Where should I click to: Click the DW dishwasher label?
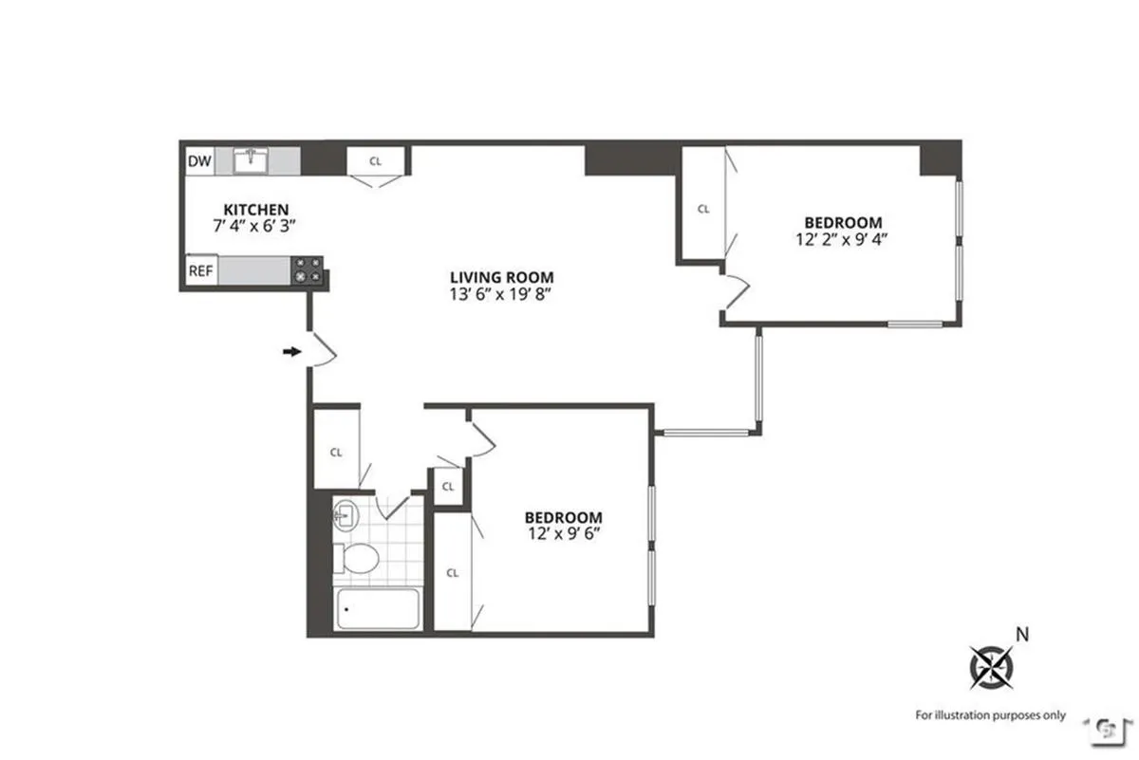click(x=199, y=161)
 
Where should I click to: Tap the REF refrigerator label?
click(x=200, y=270)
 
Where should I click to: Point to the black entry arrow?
click(x=291, y=351)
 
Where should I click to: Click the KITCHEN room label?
click(x=255, y=210)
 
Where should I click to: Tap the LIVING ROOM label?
click(x=501, y=277)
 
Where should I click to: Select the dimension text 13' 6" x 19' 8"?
click(x=501, y=294)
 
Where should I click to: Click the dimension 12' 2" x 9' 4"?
click(x=842, y=240)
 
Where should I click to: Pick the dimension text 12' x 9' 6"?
click(x=563, y=533)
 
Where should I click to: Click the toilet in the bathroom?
click(x=359, y=557)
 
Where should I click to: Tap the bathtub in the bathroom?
click(x=378, y=610)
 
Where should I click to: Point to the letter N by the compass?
click(x=1022, y=634)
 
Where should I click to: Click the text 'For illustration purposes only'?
click(x=990, y=715)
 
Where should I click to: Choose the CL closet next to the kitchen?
click(x=376, y=161)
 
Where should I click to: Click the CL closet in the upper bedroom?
click(x=703, y=209)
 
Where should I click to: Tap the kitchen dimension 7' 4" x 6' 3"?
click(x=255, y=227)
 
